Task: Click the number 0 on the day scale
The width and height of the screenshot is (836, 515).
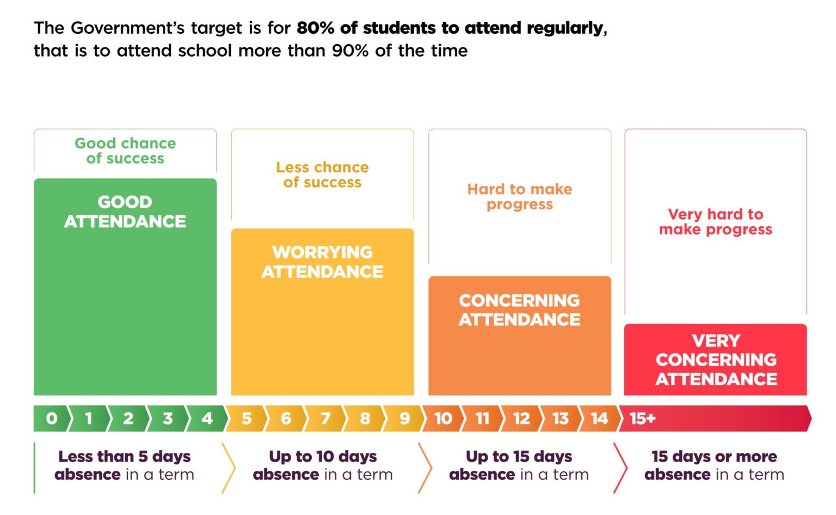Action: coord(52,419)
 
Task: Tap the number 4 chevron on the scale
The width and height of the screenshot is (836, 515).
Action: coord(207,419)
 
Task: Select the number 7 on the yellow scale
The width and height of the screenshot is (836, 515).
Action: coord(325,419)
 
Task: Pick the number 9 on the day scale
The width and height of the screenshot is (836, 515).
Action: coord(404,419)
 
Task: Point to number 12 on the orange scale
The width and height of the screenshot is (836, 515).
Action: coord(521,419)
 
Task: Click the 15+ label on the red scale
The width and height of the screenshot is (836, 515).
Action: coord(642,419)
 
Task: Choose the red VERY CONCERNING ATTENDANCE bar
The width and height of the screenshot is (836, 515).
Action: coord(716,360)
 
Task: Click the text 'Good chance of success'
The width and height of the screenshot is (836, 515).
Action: coord(125,151)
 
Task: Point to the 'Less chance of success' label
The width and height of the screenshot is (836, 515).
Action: coord(322,174)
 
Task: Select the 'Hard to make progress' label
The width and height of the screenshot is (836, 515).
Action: coord(519,197)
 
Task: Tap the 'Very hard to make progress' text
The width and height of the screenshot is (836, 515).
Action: coord(716,222)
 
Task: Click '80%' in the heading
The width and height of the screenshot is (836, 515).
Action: coord(316,28)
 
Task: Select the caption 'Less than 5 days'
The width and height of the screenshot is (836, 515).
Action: coord(125,456)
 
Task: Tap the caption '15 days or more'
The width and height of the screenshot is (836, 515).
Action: coord(714,456)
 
